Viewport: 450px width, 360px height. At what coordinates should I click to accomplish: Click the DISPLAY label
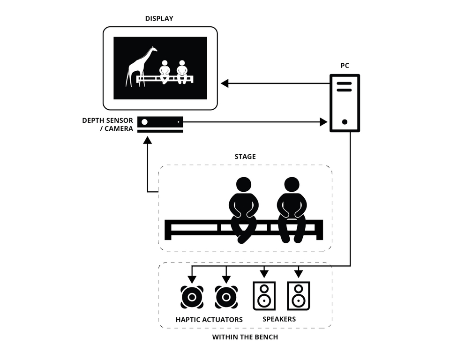click(x=159, y=19)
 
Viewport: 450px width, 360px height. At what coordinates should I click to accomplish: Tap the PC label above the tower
click(x=345, y=66)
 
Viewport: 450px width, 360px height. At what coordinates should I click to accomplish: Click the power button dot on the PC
click(x=345, y=122)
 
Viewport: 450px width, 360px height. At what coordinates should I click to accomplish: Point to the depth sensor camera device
click(x=160, y=125)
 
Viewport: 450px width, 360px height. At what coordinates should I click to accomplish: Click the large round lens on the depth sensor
click(x=145, y=122)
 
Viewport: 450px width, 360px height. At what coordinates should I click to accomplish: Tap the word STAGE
click(x=245, y=157)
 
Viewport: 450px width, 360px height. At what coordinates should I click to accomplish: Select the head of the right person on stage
click(x=292, y=185)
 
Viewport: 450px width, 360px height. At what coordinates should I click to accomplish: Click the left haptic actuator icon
click(x=192, y=297)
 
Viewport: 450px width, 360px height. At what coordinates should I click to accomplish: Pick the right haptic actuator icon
click(x=226, y=297)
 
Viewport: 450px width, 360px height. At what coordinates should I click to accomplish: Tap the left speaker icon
click(x=264, y=296)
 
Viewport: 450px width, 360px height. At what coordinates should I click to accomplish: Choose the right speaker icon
click(x=299, y=296)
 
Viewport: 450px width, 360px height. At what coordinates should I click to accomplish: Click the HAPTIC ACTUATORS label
click(x=209, y=320)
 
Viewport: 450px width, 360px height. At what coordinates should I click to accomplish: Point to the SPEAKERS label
click(x=279, y=319)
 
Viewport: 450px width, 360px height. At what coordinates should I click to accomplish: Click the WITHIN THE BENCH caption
click(x=245, y=337)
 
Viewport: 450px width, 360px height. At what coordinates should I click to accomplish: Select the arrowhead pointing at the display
click(x=225, y=83)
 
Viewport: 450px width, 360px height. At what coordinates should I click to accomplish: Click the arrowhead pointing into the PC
click(x=323, y=122)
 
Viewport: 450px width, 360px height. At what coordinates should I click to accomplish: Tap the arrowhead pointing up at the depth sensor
click(x=147, y=140)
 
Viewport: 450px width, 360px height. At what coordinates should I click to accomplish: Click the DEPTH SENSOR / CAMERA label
click(x=108, y=125)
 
